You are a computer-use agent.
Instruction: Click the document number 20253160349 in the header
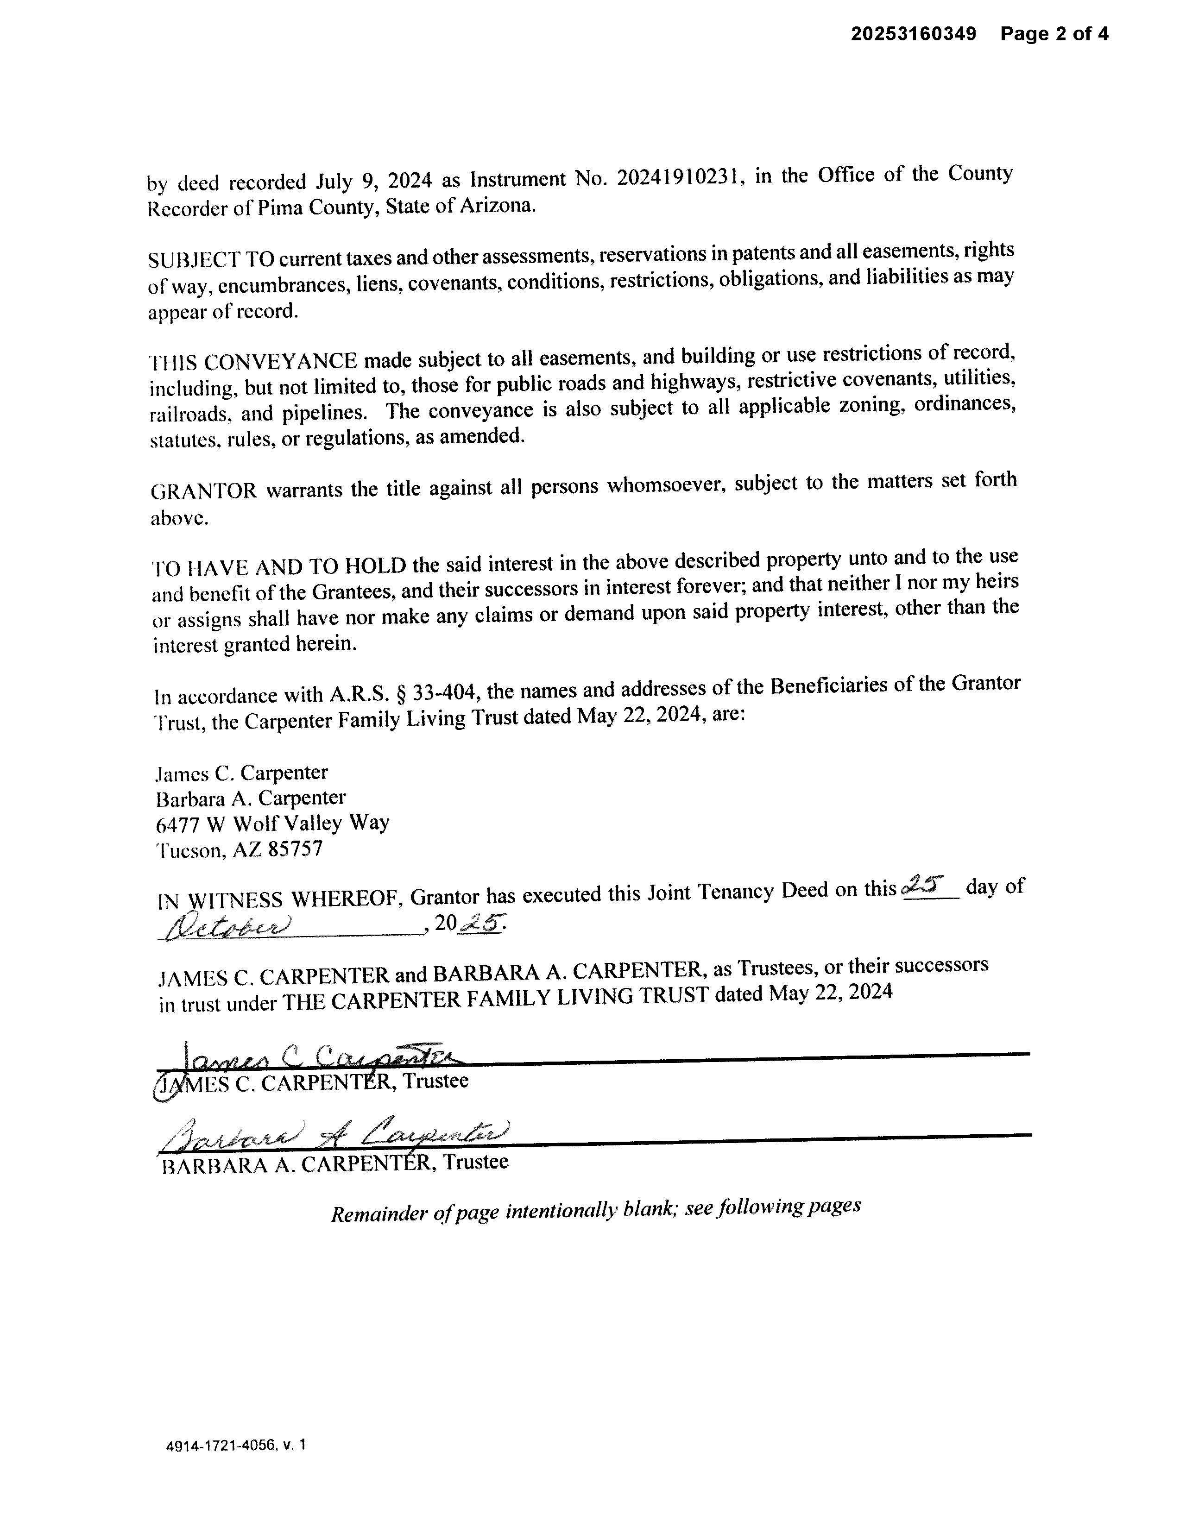(x=914, y=34)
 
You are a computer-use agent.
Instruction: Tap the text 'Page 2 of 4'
(x=1054, y=34)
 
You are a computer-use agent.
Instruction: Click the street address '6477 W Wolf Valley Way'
(x=272, y=823)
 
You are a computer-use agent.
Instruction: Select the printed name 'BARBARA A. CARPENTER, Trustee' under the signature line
(x=334, y=1164)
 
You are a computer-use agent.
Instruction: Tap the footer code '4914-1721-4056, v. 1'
(x=235, y=1446)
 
